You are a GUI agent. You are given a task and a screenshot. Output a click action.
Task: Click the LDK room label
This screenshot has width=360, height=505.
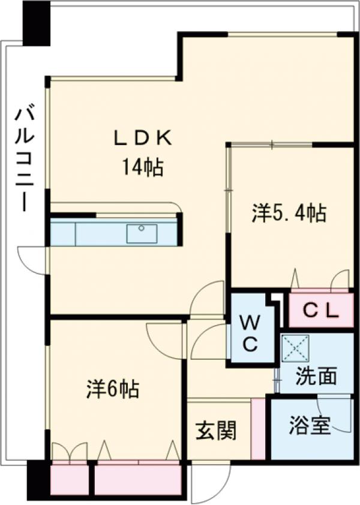[x=143, y=138]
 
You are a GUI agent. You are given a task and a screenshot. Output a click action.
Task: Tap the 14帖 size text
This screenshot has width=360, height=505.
[x=143, y=167]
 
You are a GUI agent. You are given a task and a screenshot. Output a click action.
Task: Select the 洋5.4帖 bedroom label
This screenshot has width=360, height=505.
[x=289, y=213]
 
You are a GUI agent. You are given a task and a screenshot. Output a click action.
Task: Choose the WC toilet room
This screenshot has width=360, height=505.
[x=250, y=333]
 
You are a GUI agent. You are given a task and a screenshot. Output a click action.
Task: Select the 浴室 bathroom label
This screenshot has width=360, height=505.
[x=310, y=427]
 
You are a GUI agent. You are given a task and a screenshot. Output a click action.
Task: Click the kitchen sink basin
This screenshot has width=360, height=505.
[x=142, y=233]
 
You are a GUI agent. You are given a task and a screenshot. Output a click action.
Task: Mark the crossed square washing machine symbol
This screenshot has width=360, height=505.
[x=295, y=348]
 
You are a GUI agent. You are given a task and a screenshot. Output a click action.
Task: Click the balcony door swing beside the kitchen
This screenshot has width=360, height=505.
[x=33, y=260]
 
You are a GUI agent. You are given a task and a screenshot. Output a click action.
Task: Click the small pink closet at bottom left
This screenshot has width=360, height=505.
[x=69, y=478]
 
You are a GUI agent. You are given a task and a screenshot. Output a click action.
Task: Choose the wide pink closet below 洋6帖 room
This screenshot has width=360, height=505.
[x=138, y=478]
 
